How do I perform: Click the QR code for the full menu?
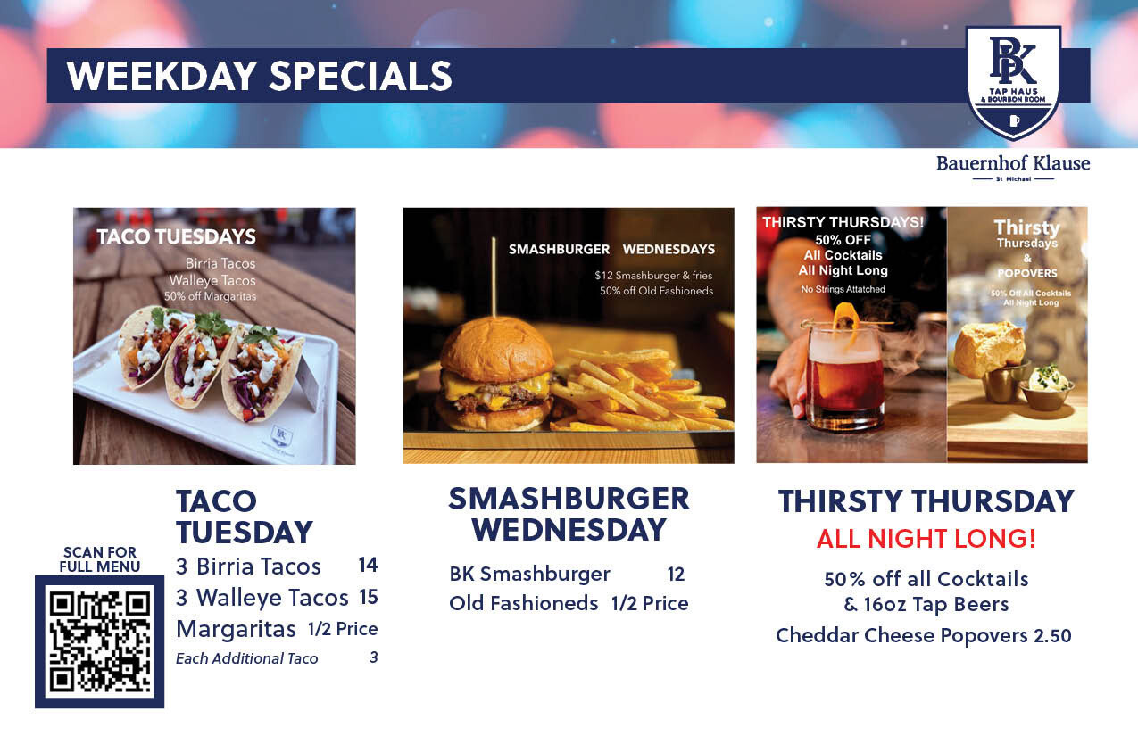(99, 641)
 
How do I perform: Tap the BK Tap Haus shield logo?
(1013, 82)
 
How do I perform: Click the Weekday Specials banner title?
(259, 76)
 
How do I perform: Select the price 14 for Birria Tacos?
(368, 565)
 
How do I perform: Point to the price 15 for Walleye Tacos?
(368, 597)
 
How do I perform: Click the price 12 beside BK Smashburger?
(676, 574)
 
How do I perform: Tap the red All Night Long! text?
(926, 540)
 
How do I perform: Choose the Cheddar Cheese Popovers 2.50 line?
(923, 635)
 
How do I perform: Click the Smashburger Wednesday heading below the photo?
(569, 514)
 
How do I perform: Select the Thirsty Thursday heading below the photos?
(926, 501)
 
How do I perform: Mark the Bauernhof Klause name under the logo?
(1013, 163)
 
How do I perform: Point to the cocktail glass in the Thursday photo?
(843, 375)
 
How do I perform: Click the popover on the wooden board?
(988, 349)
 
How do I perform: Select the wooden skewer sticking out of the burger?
(493, 277)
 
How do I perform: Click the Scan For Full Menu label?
(100, 559)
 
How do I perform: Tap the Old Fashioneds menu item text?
(523, 603)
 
